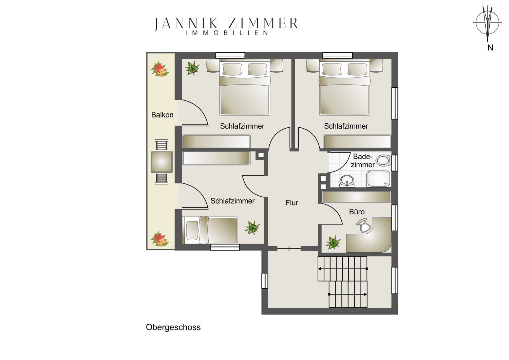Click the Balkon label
[162, 115]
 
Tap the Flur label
[292, 203]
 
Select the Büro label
[357, 212]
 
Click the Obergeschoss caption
[173, 327]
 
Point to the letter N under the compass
[490, 48]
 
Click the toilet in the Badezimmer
[383, 160]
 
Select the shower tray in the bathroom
[379, 179]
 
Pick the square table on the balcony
[162, 162]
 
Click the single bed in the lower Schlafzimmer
[210, 230]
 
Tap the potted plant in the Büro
[333, 242]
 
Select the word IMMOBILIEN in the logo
[227, 33]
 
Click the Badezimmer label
[363, 161]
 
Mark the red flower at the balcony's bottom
[160, 239]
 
